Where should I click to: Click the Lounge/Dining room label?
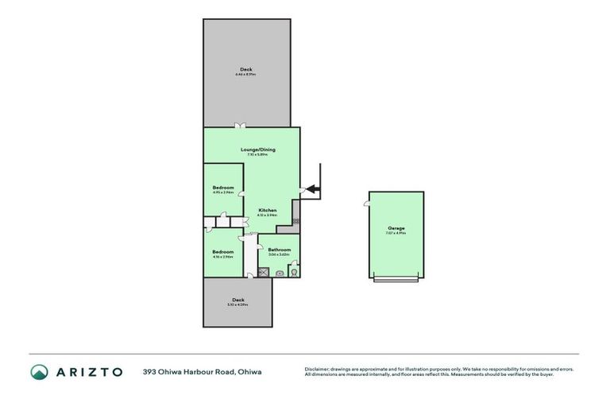tap(253, 149)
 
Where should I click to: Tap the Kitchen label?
tap(267, 210)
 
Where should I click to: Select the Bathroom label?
tap(279, 250)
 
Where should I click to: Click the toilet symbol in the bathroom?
tap(293, 272)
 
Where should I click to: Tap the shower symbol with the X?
tap(264, 272)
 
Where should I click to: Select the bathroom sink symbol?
tap(279, 273)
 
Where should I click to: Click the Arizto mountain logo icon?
tap(39, 371)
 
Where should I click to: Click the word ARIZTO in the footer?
tap(88, 371)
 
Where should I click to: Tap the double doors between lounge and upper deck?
tap(240, 126)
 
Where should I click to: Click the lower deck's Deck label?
tap(237, 300)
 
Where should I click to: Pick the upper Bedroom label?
tap(222, 188)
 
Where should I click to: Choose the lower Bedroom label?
tap(222, 252)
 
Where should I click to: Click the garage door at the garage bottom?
tap(396, 279)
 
